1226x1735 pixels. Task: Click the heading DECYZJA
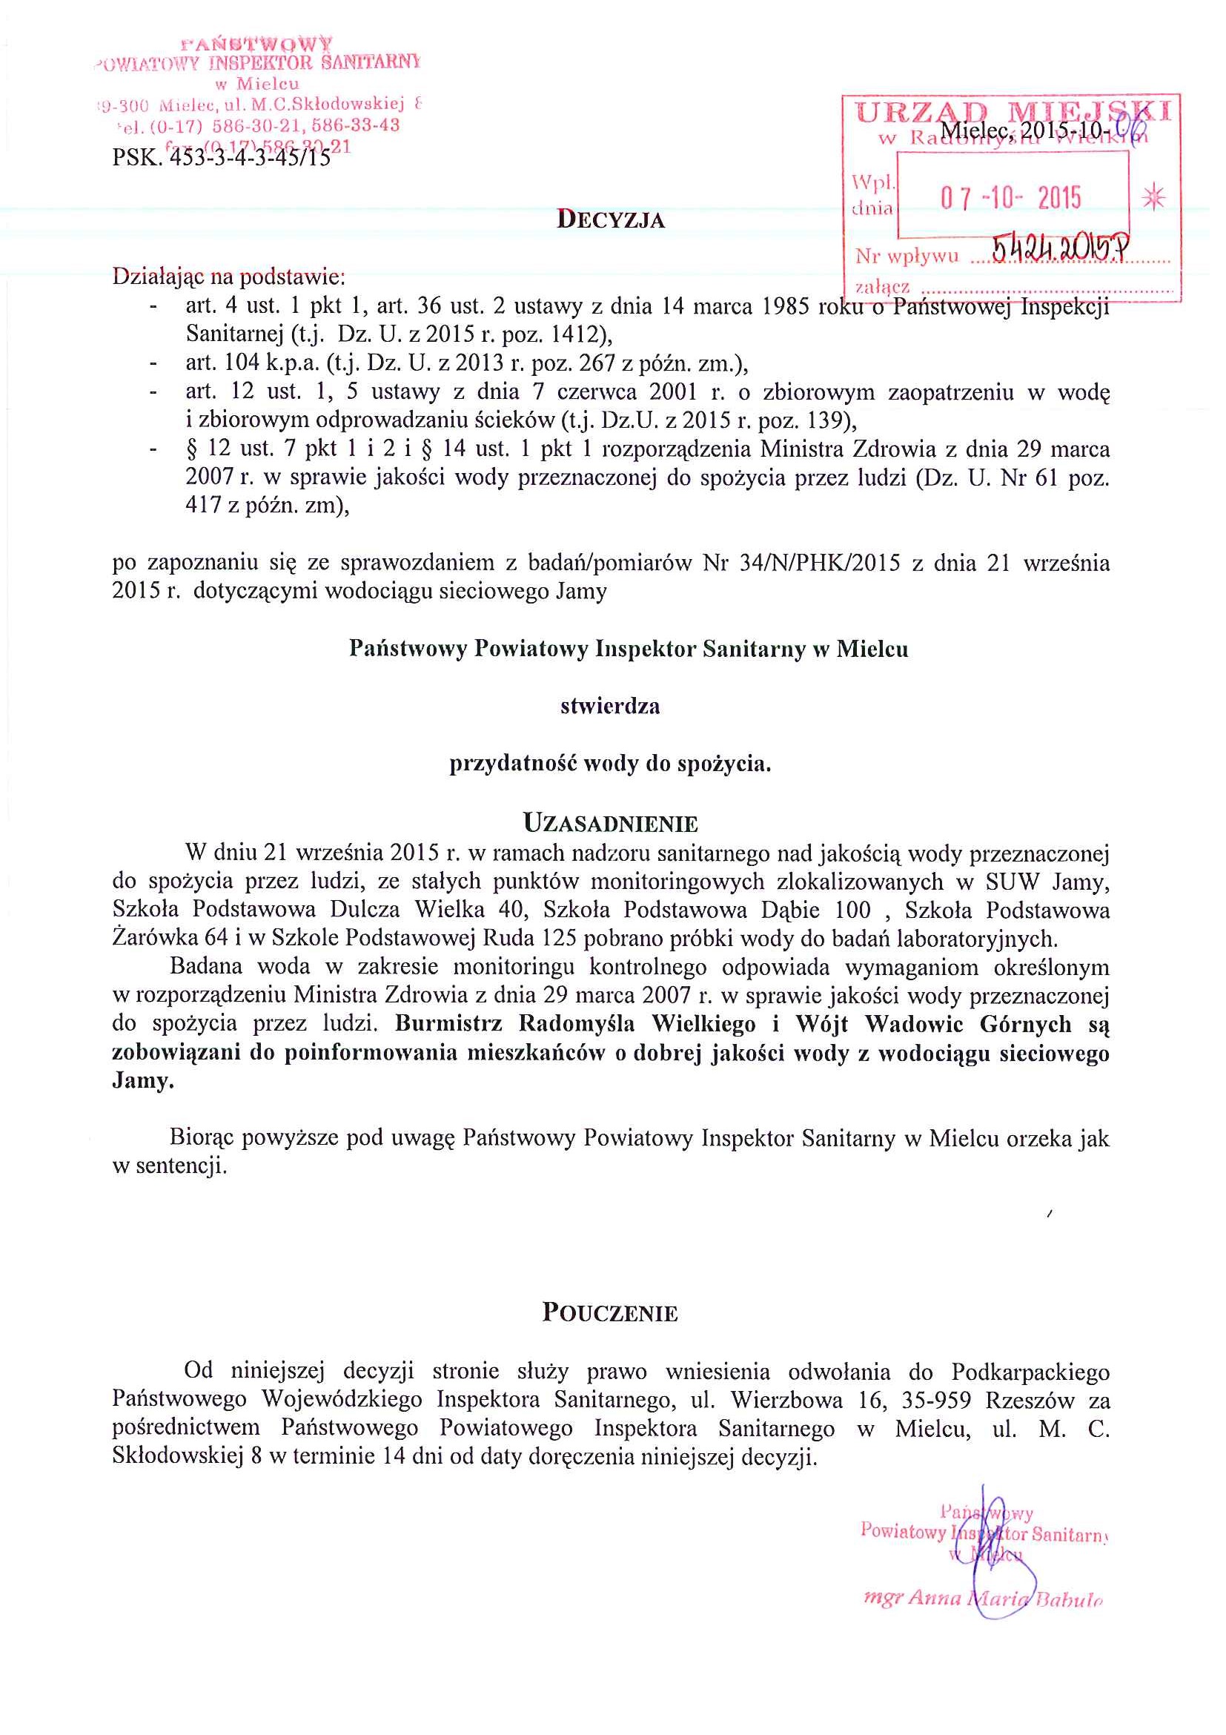click(x=610, y=220)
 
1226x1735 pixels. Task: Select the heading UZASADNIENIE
click(x=610, y=823)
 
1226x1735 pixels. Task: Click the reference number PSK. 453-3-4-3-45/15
click(x=222, y=157)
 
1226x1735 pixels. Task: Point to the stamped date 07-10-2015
click(x=1011, y=198)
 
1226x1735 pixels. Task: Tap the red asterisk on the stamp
click(x=1153, y=198)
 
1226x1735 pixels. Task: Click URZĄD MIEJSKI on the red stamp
click(x=1013, y=113)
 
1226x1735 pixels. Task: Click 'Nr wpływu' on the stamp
click(x=907, y=256)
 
